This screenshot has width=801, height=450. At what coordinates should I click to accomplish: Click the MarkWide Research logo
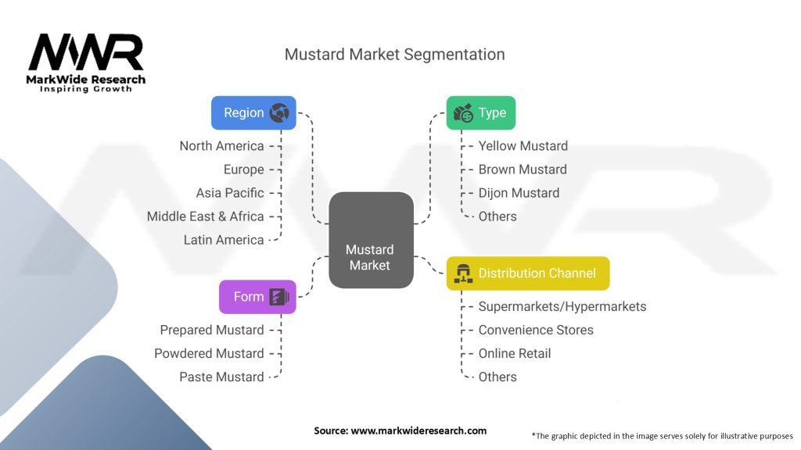point(86,62)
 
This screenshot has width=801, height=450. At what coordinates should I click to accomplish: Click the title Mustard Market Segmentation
point(394,55)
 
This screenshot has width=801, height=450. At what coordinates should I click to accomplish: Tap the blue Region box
point(253,112)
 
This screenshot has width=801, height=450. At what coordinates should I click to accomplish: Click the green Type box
point(480,112)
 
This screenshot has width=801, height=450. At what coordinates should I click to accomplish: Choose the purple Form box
point(257,297)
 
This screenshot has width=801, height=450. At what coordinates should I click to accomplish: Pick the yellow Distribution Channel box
point(527,273)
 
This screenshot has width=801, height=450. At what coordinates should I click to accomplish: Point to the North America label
point(221,146)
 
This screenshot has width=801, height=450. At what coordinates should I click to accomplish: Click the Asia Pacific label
point(230,193)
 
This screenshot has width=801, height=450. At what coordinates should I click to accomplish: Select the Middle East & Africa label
point(205,216)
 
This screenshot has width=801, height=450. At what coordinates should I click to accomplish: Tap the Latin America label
point(223,240)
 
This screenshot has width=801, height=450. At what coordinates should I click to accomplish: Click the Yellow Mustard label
point(523,146)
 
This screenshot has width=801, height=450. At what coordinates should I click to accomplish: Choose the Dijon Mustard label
point(519,193)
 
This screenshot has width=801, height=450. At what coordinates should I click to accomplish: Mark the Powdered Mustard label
point(209,353)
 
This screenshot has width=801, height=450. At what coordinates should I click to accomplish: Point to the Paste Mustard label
point(221,377)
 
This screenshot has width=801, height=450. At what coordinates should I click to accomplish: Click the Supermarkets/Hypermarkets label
point(562,306)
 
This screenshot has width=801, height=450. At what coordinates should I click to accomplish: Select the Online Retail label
point(514,353)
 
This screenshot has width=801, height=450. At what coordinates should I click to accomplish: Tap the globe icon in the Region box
point(279,113)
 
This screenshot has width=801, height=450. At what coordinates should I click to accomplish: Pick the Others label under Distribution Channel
point(497,377)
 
